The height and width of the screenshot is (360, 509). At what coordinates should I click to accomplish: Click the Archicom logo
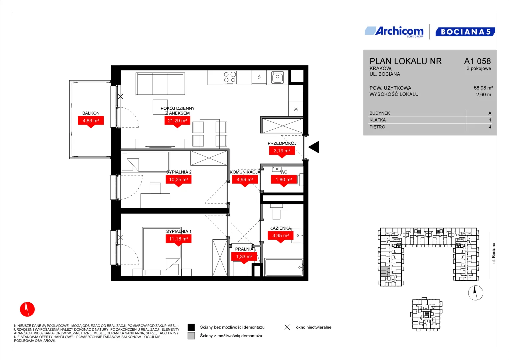(x=394, y=32)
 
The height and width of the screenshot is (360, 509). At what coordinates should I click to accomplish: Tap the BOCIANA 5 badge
(x=465, y=32)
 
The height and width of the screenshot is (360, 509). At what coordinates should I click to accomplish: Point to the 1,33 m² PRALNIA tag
(x=244, y=257)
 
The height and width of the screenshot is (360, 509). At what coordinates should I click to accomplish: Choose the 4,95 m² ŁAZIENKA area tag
(x=280, y=237)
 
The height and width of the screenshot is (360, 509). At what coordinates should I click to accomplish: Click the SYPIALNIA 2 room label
(x=179, y=172)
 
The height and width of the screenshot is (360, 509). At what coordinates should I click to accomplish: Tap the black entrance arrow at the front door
(x=314, y=147)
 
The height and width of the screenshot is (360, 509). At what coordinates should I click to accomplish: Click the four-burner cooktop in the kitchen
(x=230, y=77)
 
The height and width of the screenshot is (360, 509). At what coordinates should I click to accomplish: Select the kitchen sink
(x=277, y=77)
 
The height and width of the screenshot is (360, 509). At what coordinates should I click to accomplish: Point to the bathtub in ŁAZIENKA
(x=284, y=267)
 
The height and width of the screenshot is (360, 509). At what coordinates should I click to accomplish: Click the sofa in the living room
(x=160, y=83)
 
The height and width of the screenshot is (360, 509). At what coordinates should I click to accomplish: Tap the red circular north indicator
(x=27, y=309)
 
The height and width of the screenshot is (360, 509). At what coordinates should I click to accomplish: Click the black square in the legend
(x=191, y=327)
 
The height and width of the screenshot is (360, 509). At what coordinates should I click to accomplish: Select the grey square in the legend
(x=191, y=336)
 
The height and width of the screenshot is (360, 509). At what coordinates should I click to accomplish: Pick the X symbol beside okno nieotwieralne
(x=287, y=327)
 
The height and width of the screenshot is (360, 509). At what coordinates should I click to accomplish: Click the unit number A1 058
(x=477, y=61)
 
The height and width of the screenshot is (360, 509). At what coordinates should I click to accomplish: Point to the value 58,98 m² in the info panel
(x=483, y=88)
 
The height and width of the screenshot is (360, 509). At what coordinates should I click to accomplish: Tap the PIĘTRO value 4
(x=490, y=127)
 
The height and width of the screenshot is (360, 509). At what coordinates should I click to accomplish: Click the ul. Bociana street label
(x=494, y=253)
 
